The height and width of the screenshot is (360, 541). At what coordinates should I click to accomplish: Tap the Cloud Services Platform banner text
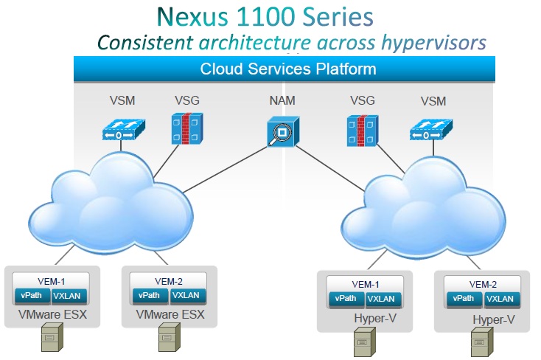click(288, 69)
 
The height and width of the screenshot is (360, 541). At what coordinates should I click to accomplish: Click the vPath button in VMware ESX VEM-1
click(32, 295)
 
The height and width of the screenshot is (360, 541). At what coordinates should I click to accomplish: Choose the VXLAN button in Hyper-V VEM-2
click(500, 300)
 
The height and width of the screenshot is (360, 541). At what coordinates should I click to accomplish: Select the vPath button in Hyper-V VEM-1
click(344, 300)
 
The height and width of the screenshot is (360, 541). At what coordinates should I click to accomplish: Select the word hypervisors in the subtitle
click(435, 42)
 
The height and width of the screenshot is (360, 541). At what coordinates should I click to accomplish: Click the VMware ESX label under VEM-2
click(170, 316)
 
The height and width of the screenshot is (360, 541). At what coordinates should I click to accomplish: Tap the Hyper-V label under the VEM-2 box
click(492, 320)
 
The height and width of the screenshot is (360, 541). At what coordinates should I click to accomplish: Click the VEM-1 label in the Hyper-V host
click(363, 284)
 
